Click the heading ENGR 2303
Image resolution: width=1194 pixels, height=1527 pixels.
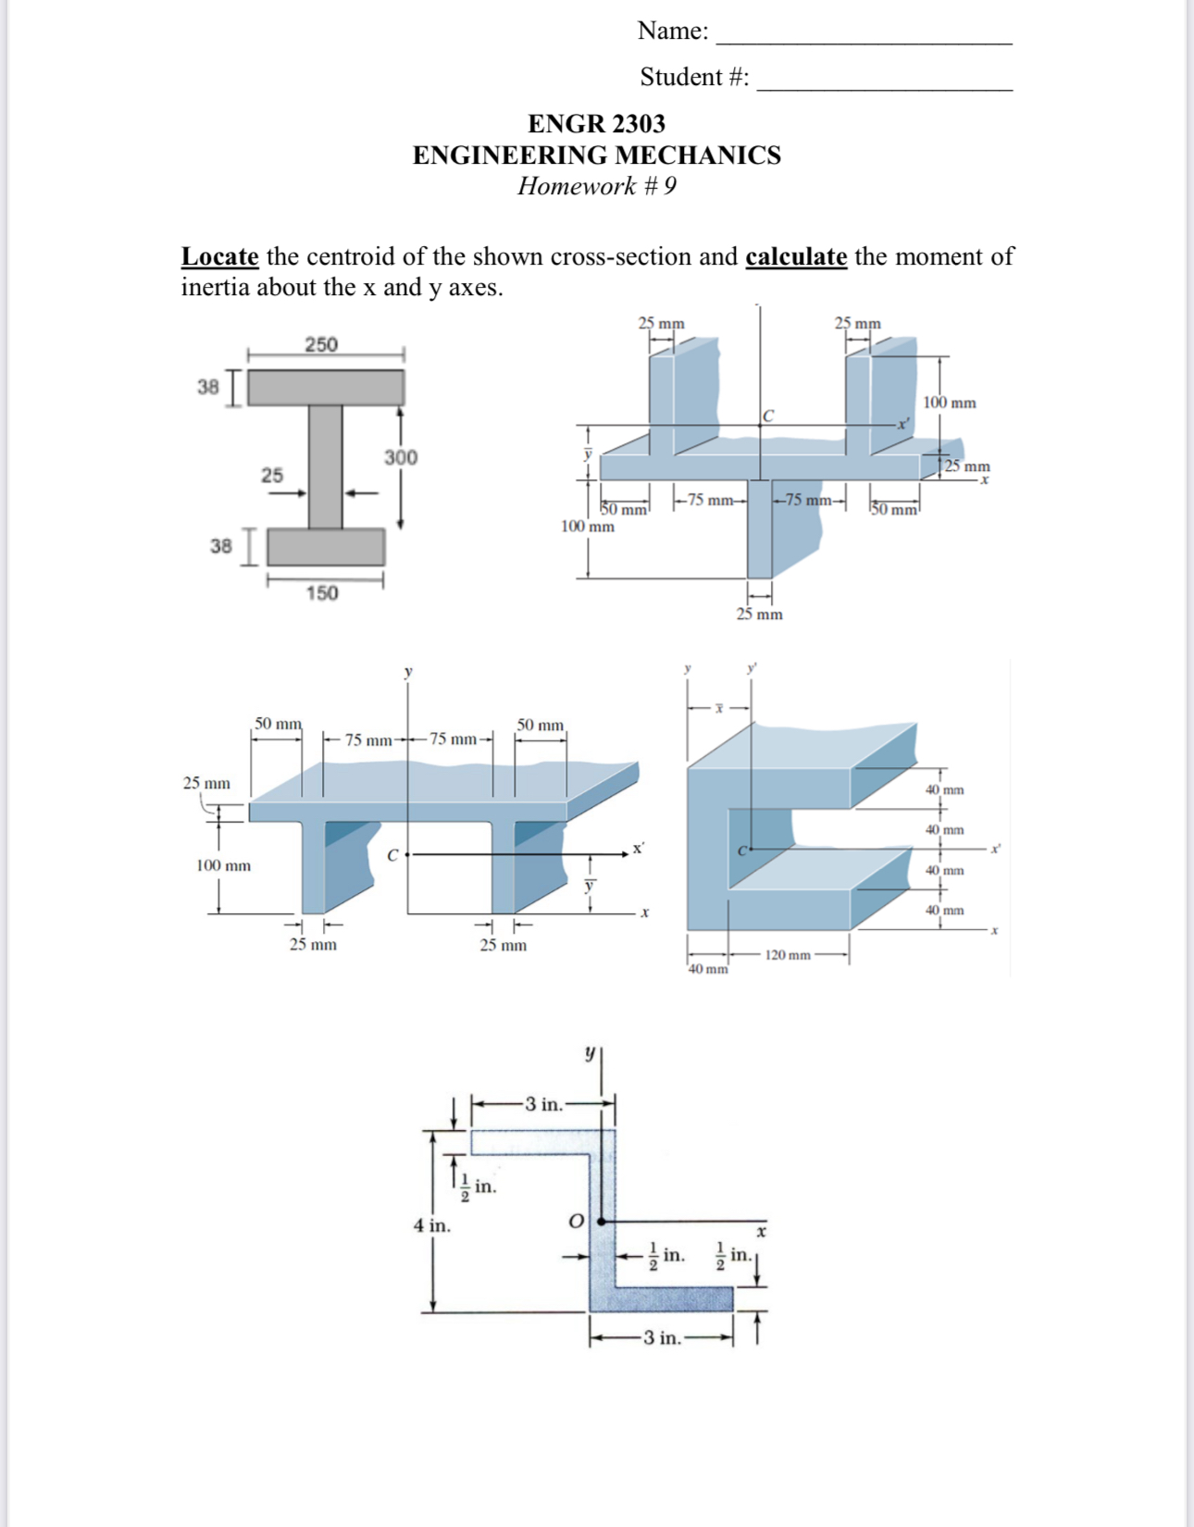[x=596, y=123]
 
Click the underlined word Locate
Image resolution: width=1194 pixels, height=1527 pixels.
[x=219, y=256]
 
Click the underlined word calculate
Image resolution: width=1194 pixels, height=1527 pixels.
[x=796, y=256]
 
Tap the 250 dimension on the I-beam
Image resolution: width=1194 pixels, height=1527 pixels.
[x=321, y=344]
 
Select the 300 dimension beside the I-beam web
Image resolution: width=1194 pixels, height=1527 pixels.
[x=401, y=457]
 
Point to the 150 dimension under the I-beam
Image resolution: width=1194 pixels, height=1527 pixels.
[x=322, y=593]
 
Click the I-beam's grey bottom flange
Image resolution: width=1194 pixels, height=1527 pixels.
[x=326, y=547]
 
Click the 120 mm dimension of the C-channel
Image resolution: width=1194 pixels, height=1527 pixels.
[x=788, y=955]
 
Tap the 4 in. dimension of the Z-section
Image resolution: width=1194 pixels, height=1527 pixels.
[x=431, y=1225]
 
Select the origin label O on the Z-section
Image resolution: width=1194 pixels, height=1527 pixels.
[x=576, y=1222]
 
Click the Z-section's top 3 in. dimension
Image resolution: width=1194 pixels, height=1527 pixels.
[x=543, y=1104]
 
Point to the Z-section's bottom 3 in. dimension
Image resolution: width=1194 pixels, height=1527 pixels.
[x=662, y=1337]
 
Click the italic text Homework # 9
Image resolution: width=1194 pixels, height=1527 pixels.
[x=596, y=186]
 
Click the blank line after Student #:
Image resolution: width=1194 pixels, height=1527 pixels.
[x=884, y=82]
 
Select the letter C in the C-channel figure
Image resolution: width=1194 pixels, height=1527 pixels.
[x=741, y=850]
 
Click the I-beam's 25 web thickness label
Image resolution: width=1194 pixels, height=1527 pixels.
[x=271, y=475]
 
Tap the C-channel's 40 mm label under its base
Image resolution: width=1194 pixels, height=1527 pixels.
[x=708, y=969]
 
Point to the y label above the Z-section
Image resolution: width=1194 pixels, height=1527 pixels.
[x=589, y=1053]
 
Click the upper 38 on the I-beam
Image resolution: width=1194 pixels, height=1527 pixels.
[x=208, y=386]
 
